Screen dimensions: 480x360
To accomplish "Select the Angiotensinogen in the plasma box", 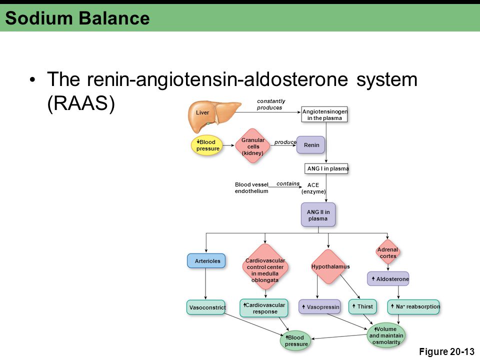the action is pos(324,114).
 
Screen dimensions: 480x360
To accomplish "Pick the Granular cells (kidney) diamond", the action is pos(253,145).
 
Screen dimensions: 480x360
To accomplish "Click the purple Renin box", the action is pos(310,145).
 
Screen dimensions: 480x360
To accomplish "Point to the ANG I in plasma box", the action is pos(326,168).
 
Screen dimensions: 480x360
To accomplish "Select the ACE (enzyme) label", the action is pos(313,188).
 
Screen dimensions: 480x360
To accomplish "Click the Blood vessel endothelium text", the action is pos(251,188).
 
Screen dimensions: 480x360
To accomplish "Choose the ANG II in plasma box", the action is pos(318,215).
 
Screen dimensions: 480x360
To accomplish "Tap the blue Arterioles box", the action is pos(206,261).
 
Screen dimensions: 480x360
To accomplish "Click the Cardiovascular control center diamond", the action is pos(265,266).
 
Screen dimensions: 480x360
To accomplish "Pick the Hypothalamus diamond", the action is pos(329,266).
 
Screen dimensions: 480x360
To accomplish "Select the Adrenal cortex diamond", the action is pos(388,252).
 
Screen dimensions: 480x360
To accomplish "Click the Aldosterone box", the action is pos(388,279).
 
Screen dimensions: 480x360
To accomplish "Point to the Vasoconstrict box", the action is pos(206,307).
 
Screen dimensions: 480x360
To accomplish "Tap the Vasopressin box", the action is pos(319,307).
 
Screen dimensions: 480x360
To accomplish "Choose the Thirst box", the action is pos(362,306).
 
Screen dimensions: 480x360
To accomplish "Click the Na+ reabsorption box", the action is pos(413,307).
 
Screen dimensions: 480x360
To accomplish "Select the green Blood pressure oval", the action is pos(295,340).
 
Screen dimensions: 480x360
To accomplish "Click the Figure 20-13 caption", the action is pos(446,351).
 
